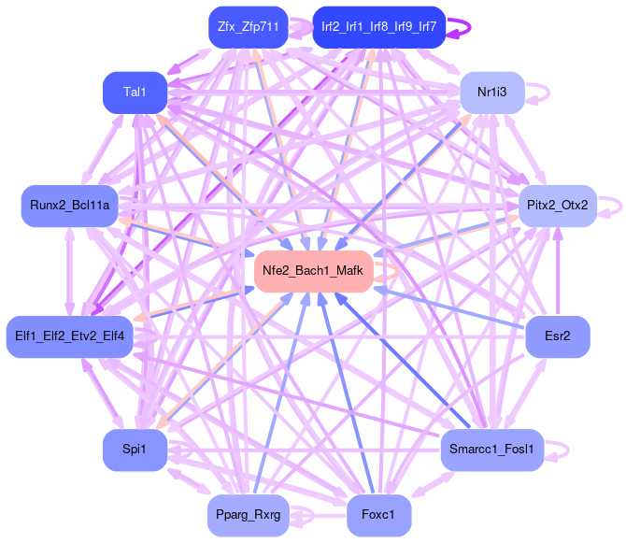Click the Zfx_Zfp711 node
[x=248, y=27]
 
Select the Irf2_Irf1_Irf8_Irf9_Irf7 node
[x=378, y=27]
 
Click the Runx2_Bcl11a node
[x=69, y=205]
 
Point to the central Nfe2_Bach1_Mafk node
[x=313, y=270]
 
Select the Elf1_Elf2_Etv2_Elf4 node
[x=70, y=335]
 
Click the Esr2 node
[x=558, y=335]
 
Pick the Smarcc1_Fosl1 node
[x=491, y=450]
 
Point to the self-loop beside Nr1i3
[x=548, y=92]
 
